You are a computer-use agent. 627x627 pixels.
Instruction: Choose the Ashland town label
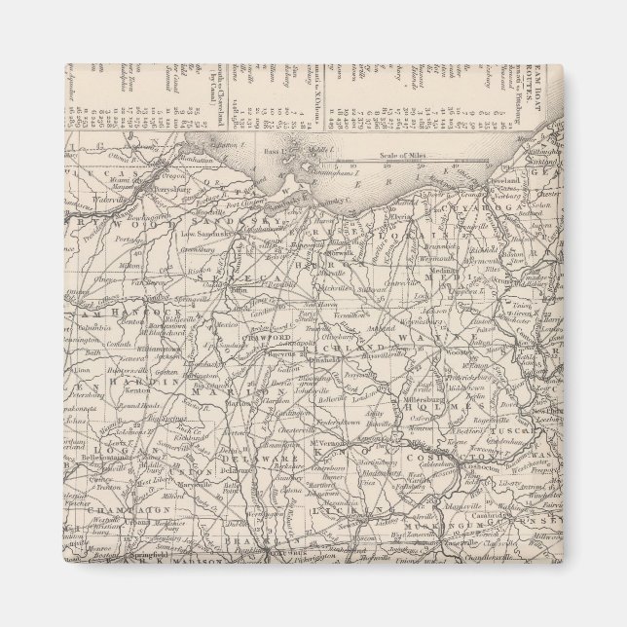(381, 330)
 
